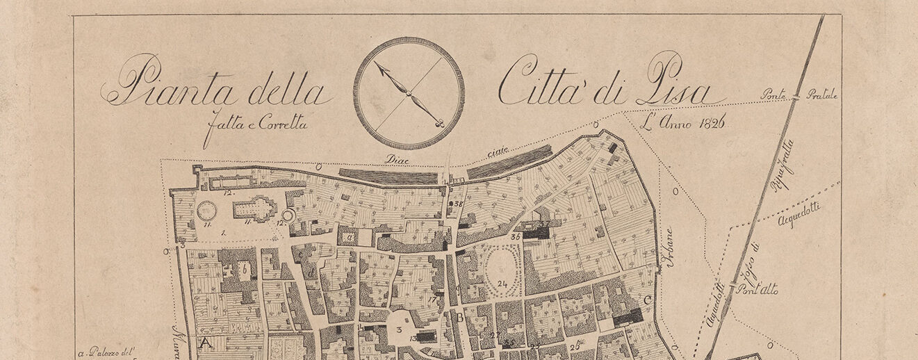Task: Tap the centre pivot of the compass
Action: pyautogui.click(x=409, y=93)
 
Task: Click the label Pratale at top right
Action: pyautogui.click(x=822, y=95)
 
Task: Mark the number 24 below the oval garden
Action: pyautogui.click(x=503, y=284)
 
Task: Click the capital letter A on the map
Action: pyautogui.click(x=205, y=342)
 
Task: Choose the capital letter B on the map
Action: pyautogui.click(x=459, y=318)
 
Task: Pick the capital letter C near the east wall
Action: pyautogui.click(x=647, y=300)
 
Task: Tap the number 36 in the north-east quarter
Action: pyautogui.click(x=515, y=236)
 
